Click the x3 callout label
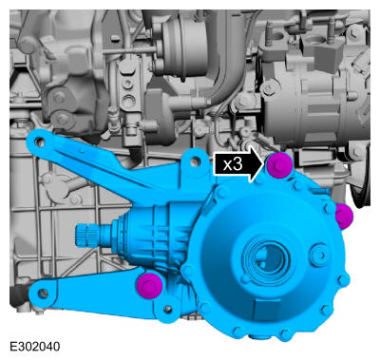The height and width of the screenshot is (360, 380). (233, 164)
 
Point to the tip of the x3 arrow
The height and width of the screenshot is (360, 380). (263, 164)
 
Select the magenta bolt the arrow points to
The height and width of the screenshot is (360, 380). (279, 165)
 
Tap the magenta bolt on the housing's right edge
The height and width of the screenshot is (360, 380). (344, 217)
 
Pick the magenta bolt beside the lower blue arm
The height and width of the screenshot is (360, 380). (149, 286)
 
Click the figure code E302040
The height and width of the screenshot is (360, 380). (35, 347)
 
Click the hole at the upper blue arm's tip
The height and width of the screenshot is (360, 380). (40, 142)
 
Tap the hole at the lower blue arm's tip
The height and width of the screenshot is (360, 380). (43, 294)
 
